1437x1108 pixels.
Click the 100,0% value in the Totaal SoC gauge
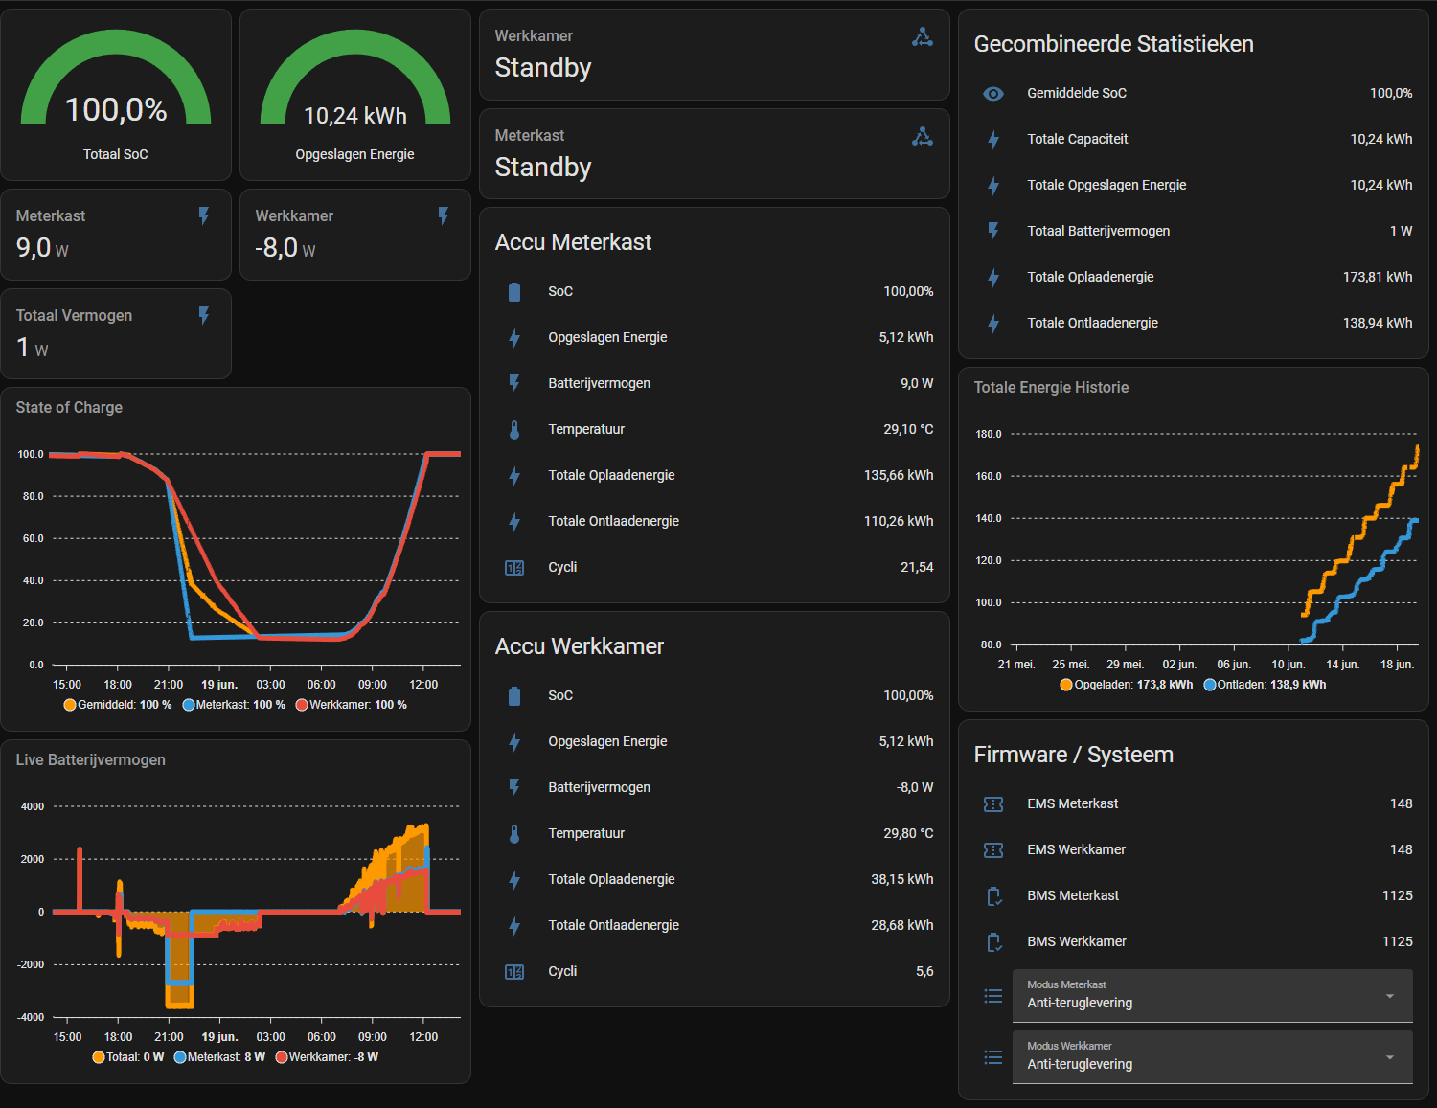(x=116, y=109)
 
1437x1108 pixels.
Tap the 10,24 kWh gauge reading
(x=355, y=116)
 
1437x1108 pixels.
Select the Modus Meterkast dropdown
(x=1212, y=995)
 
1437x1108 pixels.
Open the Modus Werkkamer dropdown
(x=1212, y=1056)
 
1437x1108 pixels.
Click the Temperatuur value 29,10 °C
(x=908, y=429)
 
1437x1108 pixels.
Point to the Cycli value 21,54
(x=917, y=567)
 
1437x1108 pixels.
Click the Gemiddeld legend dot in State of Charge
(x=69, y=705)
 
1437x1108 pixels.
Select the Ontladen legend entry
(x=1265, y=684)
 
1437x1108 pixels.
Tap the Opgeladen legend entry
(x=1127, y=684)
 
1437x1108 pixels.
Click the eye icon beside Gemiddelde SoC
(x=993, y=94)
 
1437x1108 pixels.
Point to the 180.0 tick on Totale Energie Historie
(x=989, y=434)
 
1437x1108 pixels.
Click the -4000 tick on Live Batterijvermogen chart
(x=31, y=1017)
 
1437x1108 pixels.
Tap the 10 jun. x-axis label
(x=1289, y=665)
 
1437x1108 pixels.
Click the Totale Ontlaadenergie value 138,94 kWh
(x=1378, y=324)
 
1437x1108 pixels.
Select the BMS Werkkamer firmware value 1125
(x=1398, y=941)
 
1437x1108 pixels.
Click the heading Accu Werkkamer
(x=580, y=645)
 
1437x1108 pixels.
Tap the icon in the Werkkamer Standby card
(x=923, y=37)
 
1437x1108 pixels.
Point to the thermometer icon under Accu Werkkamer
(x=514, y=834)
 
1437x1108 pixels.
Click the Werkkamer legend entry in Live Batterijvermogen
(x=327, y=1057)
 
